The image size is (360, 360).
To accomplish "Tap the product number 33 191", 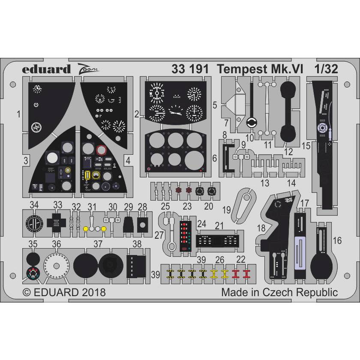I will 189,69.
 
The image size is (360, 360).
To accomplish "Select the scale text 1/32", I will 325,69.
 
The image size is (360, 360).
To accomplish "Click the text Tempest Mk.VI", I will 255,69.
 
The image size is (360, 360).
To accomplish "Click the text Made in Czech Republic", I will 279,293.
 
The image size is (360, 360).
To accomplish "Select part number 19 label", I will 226,210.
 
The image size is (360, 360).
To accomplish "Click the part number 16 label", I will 337,241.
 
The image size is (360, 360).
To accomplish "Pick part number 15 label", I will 306,146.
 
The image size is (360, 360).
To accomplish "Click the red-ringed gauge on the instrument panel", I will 102,150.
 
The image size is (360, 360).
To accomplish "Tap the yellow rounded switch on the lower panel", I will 87,175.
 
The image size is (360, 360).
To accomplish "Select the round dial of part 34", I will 33,223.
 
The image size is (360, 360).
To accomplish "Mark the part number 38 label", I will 137,244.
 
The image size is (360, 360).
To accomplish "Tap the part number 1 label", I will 18,114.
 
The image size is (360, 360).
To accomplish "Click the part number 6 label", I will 214,158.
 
